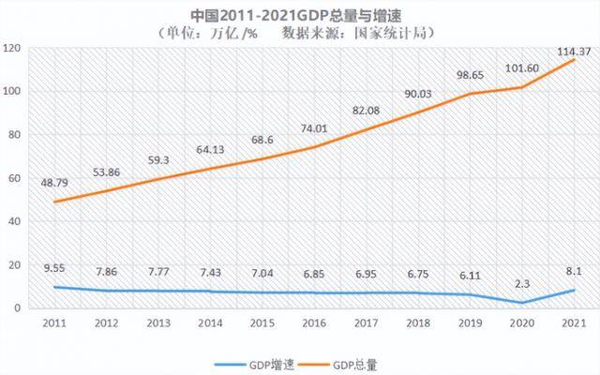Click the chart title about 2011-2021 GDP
[x=301, y=14]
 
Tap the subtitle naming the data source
[x=300, y=34]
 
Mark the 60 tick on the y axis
[x=14, y=178]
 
